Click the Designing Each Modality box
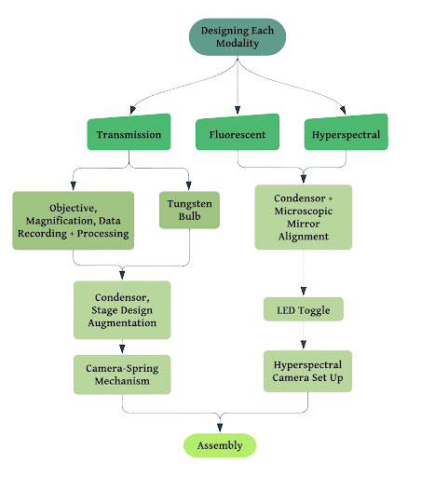click(x=238, y=37)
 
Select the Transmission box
click(x=129, y=132)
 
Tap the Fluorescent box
click(x=238, y=132)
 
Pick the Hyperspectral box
click(x=346, y=132)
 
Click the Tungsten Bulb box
click(x=189, y=210)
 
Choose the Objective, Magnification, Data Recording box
click(x=74, y=221)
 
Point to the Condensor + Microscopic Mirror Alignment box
click(x=304, y=217)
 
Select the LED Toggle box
click(x=304, y=309)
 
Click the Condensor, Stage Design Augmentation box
click(x=122, y=310)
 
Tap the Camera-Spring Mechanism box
click(x=122, y=375)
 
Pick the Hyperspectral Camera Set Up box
click(x=307, y=371)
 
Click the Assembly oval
click(x=220, y=445)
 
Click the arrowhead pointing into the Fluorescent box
click(x=238, y=110)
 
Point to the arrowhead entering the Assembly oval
click(x=220, y=428)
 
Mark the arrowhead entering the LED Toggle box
click(x=304, y=292)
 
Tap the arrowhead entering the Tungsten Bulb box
click(x=188, y=185)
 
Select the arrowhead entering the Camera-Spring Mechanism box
click(x=122, y=349)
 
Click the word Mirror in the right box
click(x=304, y=224)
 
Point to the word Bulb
click(x=189, y=216)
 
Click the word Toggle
click(x=314, y=310)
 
